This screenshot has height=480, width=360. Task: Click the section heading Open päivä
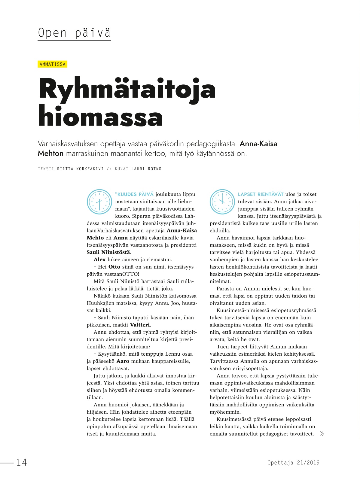tap(74, 33)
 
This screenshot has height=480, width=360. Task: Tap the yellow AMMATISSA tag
tap(53, 64)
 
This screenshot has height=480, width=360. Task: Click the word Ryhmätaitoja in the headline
tap(127, 89)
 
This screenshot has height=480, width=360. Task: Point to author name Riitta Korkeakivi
tap(80, 169)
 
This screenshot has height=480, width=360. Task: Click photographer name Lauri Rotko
tap(146, 169)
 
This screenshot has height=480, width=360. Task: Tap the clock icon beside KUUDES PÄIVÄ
tap(99, 202)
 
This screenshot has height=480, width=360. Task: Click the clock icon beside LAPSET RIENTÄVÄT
tap(222, 202)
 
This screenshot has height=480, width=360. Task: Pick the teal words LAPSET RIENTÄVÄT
tap(261, 194)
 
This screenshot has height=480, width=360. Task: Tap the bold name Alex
tap(99, 260)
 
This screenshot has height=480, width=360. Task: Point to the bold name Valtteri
tap(140, 325)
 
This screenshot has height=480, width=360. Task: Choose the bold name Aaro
tap(123, 361)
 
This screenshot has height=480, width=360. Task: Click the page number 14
tap(22, 462)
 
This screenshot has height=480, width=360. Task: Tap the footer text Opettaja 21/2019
tap(294, 463)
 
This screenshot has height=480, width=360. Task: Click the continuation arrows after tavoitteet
tap(322, 434)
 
